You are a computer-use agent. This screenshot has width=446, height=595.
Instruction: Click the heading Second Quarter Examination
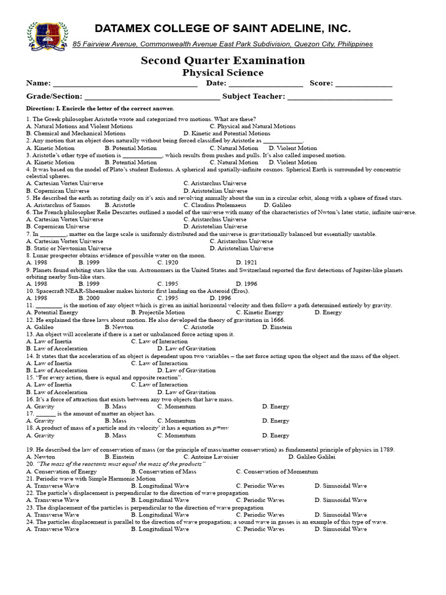coord(223,60)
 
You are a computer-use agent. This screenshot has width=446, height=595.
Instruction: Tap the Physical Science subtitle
coord(223,73)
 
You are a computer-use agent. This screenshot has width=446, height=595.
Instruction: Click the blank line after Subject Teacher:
coord(340,98)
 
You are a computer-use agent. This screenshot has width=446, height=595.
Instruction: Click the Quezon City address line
coord(223,44)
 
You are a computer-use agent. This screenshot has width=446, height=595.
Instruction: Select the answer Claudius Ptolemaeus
coord(214,205)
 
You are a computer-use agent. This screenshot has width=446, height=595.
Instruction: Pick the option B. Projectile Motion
coord(158,313)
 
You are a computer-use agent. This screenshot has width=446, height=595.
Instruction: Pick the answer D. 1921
coord(246,262)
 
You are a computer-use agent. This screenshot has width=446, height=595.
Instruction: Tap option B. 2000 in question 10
coord(89,298)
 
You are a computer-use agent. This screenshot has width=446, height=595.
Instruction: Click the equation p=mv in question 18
coord(220,428)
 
